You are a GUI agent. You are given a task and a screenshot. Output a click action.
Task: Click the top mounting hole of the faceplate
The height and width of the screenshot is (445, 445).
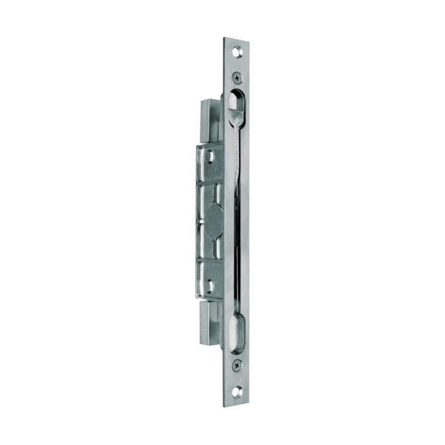[x=239, y=51]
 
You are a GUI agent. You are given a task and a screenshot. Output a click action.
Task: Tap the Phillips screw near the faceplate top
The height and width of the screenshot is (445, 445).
[x=238, y=77]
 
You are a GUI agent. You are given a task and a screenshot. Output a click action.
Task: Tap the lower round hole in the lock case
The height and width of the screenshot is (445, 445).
[x=210, y=286]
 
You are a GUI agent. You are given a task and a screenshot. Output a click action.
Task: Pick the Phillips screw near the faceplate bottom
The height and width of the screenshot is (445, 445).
[x=238, y=365]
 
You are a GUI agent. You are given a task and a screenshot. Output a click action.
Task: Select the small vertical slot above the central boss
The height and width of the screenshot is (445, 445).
[x=213, y=195]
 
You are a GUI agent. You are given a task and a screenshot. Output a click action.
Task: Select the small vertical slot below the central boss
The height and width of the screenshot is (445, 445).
[x=213, y=247]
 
